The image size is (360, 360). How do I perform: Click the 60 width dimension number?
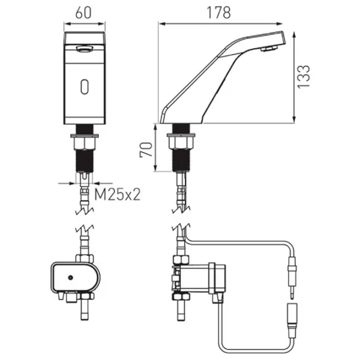pos(83,13)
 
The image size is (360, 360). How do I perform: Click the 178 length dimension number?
pos(218,13)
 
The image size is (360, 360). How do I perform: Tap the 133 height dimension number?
pos(303,77)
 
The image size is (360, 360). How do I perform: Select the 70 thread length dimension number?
pos(146,149)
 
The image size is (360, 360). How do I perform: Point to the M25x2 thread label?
pos(118,194)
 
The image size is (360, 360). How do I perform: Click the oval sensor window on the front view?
pos(85,86)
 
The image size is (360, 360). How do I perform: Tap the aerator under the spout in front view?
pos(85,49)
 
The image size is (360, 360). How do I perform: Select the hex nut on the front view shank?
pos(85,144)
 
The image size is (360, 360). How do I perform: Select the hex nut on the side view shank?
pos(181,143)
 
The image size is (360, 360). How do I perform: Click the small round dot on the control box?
pos(70,278)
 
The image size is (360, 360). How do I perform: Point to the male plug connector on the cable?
pos(292,278)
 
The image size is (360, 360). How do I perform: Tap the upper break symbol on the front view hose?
pos(85,211)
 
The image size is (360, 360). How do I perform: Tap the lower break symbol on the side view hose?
pos(181,227)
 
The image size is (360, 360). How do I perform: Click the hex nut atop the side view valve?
pos(181,259)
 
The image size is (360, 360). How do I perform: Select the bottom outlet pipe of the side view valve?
pos(181,310)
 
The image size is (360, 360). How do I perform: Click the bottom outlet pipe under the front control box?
pos(85,310)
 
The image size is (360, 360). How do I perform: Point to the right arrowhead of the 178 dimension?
pos(280,23)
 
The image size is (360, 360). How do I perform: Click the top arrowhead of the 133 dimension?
pos(294,35)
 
